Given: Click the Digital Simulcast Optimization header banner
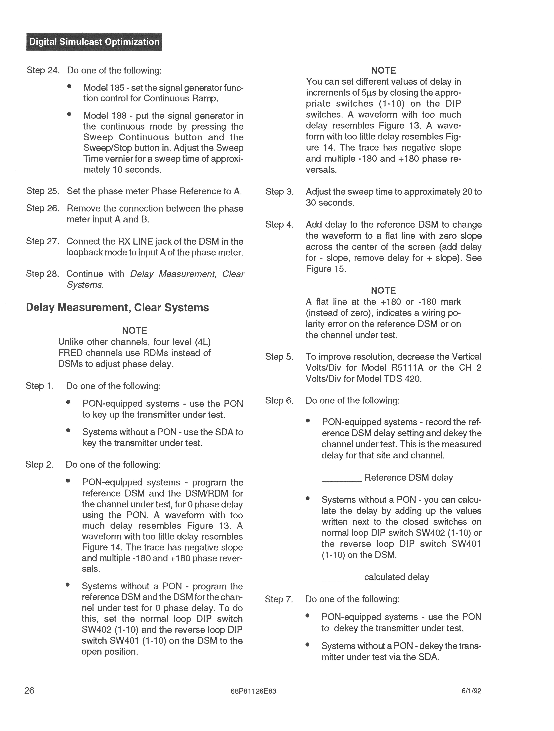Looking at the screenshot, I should [94, 42].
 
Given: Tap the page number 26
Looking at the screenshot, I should [29, 690].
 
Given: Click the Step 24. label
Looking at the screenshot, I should [43, 70].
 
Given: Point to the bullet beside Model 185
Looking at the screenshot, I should [69, 86].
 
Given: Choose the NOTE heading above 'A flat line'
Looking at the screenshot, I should [383, 291].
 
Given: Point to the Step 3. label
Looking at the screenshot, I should [279, 192].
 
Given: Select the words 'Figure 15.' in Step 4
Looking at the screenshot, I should [325, 269].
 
